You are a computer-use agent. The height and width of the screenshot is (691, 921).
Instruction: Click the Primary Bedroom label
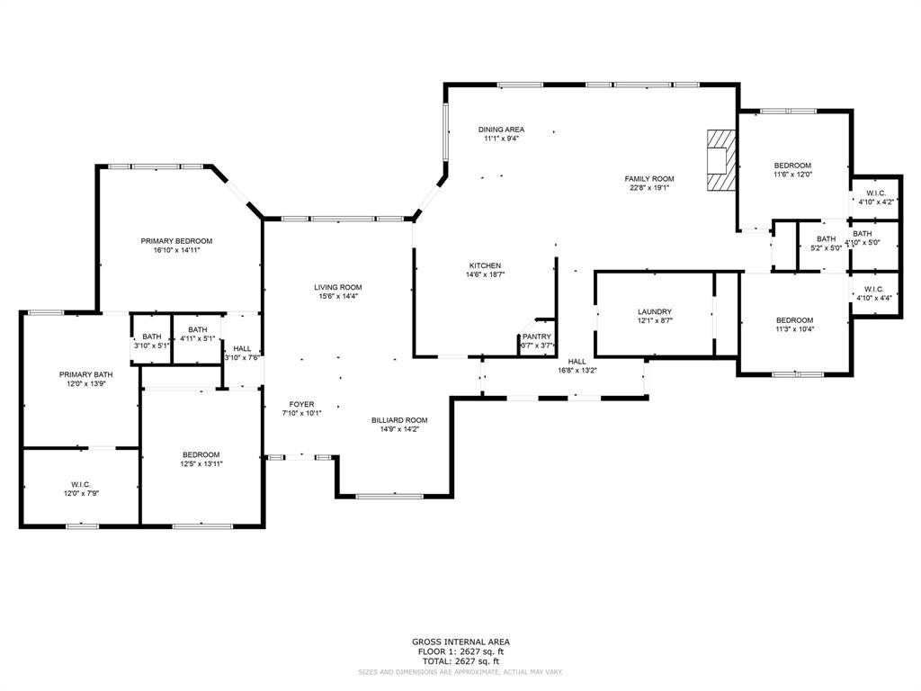pos(176,240)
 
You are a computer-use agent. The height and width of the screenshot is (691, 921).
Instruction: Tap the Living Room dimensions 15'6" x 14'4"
pos(338,297)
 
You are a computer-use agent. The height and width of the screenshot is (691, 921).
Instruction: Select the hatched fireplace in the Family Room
pos(720,160)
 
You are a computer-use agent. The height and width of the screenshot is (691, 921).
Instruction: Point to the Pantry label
pos(536,337)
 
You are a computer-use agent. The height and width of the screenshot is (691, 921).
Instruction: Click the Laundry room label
pos(655,311)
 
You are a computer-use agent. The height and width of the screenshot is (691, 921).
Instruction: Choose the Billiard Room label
pos(399,420)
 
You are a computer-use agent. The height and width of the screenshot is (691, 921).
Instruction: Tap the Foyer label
pos(301,404)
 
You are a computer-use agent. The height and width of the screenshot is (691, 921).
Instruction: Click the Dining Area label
pos(501,130)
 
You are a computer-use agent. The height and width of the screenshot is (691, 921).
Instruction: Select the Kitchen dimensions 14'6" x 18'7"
pos(485,275)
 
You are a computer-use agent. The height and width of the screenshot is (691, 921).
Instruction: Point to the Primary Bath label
pos(86,374)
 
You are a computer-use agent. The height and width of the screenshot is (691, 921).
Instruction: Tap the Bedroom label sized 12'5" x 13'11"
pos(201,454)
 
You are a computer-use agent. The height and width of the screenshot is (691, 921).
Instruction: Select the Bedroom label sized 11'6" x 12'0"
pos(793,166)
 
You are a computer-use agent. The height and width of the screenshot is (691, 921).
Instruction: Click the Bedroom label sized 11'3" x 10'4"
pos(795,320)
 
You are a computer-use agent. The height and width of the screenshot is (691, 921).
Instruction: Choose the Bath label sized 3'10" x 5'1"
pos(151,336)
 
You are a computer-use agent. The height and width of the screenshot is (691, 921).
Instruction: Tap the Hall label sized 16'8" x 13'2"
pos(577,361)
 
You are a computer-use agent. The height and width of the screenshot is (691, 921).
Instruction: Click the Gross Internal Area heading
pos(460,642)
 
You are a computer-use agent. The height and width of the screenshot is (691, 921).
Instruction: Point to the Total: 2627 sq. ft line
pos(460,660)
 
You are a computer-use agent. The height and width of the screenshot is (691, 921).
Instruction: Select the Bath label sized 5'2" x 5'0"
pos(826,238)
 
